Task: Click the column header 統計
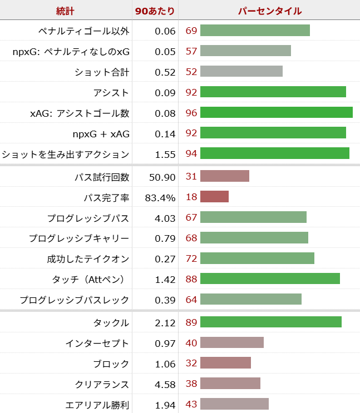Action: point(66,11)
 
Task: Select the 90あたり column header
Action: point(155,11)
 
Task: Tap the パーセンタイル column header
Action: point(270,11)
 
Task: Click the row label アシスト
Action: point(111,92)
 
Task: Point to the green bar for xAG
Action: point(276,113)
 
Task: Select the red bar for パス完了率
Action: point(214,197)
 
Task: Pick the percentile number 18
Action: point(191,197)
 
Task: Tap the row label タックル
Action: point(111,322)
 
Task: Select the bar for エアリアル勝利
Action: point(234,405)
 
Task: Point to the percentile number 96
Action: point(191,113)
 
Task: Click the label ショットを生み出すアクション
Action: point(66,154)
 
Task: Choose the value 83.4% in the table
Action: point(160,197)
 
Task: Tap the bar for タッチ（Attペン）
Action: point(270,279)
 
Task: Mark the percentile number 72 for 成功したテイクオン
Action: point(191,258)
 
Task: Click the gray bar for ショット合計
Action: point(241,72)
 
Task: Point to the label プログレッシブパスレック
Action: point(75,300)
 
